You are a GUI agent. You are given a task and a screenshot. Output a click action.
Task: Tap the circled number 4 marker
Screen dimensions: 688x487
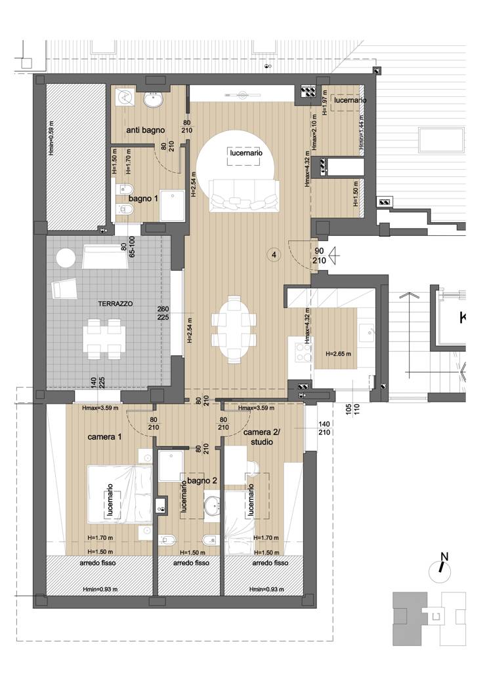[274, 254]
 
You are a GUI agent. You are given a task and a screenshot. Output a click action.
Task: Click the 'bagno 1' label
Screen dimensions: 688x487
[142, 197]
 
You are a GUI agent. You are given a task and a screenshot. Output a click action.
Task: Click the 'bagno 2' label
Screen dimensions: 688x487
[201, 481]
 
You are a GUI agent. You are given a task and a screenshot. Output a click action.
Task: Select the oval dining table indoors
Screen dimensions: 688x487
[234, 330]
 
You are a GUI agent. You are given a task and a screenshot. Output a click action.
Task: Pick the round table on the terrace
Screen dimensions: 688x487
[66, 259]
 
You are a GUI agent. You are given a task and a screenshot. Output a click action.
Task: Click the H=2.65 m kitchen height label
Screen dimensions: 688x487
[339, 354]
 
